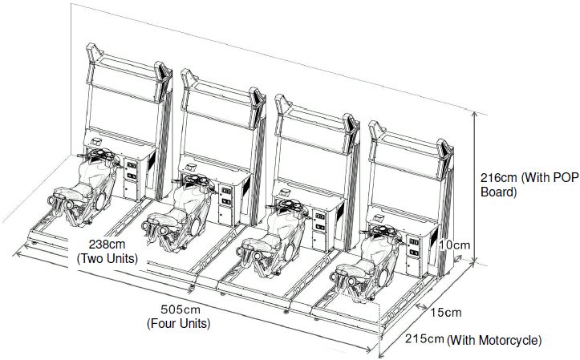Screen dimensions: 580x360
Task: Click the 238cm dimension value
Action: tap(107, 245)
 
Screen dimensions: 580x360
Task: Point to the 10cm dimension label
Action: tap(454, 245)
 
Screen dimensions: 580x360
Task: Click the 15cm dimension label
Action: tap(446, 313)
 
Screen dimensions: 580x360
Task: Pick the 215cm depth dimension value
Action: tap(424, 338)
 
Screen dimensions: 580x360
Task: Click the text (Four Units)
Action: tap(179, 324)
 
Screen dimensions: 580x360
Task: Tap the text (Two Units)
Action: tap(107, 258)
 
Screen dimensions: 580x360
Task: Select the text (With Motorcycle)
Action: tap(494, 340)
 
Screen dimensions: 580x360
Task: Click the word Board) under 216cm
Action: tap(498, 192)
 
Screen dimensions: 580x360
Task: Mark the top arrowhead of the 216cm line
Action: tap(476, 115)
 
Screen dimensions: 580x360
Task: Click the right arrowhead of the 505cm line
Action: tap(368, 349)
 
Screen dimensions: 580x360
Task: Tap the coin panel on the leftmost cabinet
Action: tap(131, 171)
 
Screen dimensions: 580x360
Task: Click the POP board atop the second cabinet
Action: tap(223, 98)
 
